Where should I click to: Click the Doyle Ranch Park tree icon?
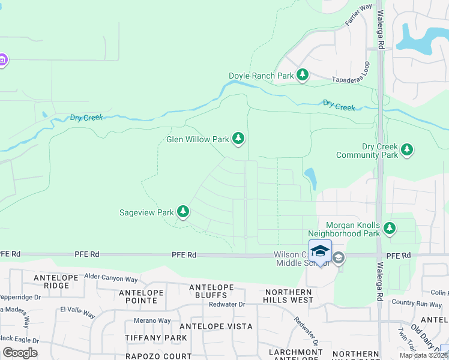(303, 75)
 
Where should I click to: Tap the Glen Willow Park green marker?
(239, 139)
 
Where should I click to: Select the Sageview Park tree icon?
(183, 212)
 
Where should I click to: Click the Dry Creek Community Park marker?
(408, 149)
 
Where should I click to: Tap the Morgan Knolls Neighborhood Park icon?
(390, 227)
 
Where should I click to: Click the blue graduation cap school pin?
(320, 251)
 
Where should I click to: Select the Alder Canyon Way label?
(111, 278)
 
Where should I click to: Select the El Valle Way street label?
(77, 314)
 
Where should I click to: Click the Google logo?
(20, 352)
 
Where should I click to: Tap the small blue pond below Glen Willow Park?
(310, 178)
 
